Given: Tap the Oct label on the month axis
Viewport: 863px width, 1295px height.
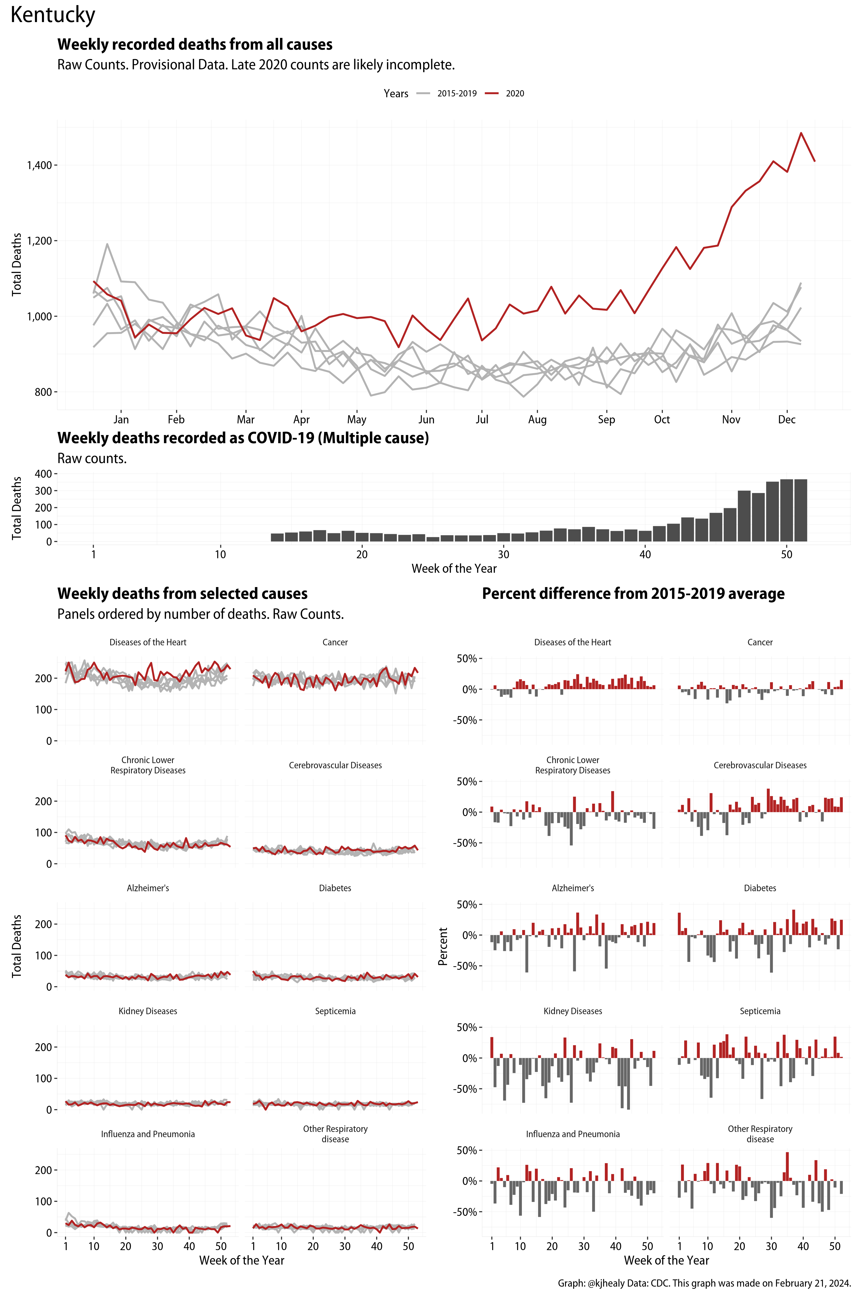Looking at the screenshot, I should pos(662,419).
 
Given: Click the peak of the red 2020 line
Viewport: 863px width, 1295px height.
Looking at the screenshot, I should pos(801,133).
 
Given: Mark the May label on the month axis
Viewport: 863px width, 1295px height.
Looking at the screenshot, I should pos(357,419).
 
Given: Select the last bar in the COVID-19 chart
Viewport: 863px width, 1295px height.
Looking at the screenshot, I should pos(800,510).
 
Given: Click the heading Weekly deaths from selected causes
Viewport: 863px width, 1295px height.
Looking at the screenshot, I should pos(182,594).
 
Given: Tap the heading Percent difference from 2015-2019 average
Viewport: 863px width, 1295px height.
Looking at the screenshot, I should pos(633,594).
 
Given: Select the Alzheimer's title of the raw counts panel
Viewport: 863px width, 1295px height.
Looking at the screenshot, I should pos(147,888).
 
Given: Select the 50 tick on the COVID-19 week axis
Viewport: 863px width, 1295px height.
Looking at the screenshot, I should pos(787,554).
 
